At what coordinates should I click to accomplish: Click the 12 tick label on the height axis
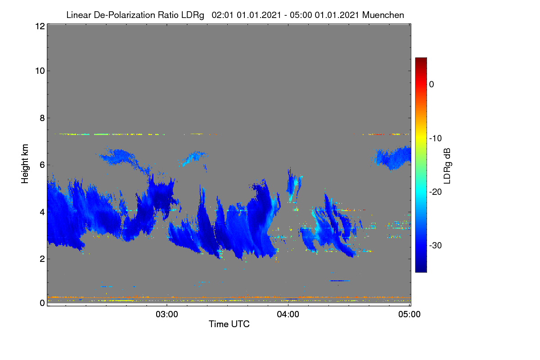[x=40, y=26]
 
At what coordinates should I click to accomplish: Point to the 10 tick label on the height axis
[x=40, y=71]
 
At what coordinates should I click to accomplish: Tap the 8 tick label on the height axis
[x=42, y=118]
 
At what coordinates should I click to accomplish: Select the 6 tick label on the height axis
[x=42, y=165]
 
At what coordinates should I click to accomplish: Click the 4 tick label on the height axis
[x=42, y=212]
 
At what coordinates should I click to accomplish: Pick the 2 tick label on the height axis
[x=42, y=259]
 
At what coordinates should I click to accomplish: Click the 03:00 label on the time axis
[x=167, y=315]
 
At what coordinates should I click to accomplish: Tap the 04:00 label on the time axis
[x=288, y=315]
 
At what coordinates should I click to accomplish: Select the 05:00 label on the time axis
[x=409, y=315]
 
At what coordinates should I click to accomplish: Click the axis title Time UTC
[x=229, y=324]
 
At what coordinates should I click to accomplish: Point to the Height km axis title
[x=25, y=164]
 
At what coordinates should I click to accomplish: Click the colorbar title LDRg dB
[x=447, y=166]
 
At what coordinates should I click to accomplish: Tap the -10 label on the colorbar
[x=436, y=139]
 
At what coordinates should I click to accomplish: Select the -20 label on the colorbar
[x=436, y=192]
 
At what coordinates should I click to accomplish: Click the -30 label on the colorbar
[x=436, y=245]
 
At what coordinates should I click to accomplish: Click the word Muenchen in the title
[x=383, y=15]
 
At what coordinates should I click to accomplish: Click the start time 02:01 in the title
[x=222, y=15]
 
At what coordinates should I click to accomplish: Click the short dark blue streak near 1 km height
[x=340, y=281]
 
